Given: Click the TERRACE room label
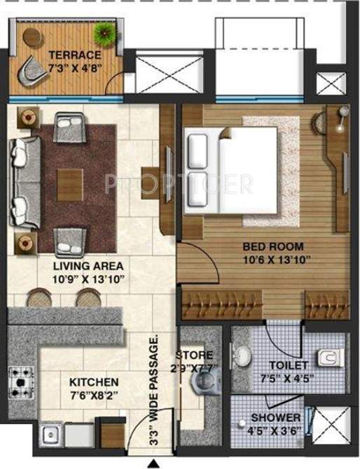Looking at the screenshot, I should [74, 55].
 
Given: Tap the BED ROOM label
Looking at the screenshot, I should [272, 246].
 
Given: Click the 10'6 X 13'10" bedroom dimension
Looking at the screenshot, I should [275, 260].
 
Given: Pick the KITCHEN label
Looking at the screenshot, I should [93, 383].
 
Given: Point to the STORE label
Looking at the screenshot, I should [194, 355].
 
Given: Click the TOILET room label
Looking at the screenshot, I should [288, 365].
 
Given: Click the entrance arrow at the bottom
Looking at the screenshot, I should [153, 461].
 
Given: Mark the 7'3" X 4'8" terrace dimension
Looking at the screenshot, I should [75, 68].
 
